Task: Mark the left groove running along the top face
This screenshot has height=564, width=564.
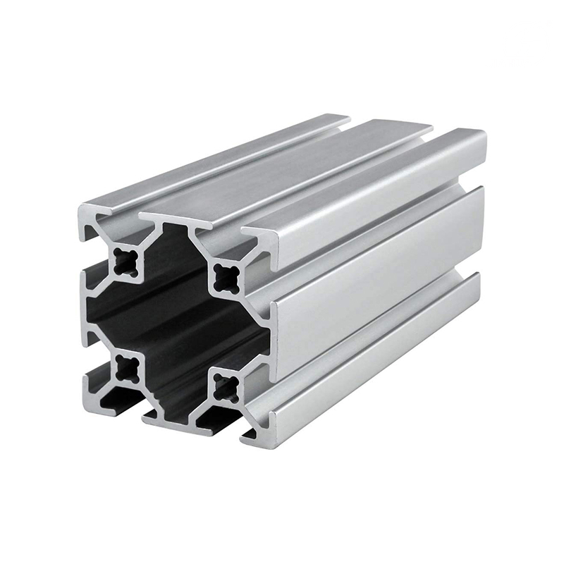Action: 233,169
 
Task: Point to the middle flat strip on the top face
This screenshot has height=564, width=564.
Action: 289,173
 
